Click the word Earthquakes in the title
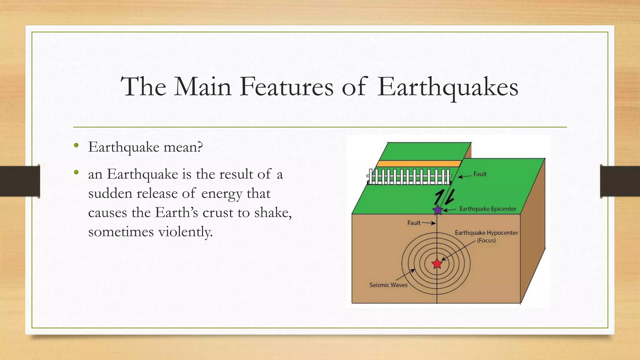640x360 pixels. tap(447, 87)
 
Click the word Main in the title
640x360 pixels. tap(202, 87)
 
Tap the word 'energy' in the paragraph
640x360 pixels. tap(222, 194)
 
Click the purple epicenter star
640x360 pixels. tap(438, 210)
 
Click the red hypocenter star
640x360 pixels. tap(437, 264)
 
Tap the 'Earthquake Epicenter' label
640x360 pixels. tap(487, 209)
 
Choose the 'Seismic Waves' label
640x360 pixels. tap(388, 285)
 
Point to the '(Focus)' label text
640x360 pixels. tap(486, 240)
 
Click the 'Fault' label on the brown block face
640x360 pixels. tap(413, 223)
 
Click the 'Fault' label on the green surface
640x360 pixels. tap(480, 174)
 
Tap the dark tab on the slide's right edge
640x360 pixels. tap(620, 182)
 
